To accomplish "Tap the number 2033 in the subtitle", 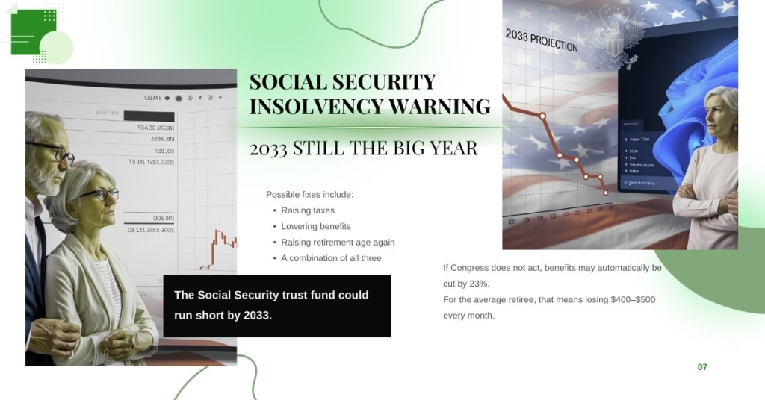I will click(269, 148).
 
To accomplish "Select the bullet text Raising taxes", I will click(308, 210).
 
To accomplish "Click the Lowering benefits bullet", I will click(316, 226).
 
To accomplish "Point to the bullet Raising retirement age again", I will click(338, 243).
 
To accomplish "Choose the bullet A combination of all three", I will click(331, 258).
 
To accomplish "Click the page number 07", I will click(702, 367).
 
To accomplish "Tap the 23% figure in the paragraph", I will click(480, 284).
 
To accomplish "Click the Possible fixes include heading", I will click(309, 195).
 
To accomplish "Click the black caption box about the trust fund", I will click(276, 305).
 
